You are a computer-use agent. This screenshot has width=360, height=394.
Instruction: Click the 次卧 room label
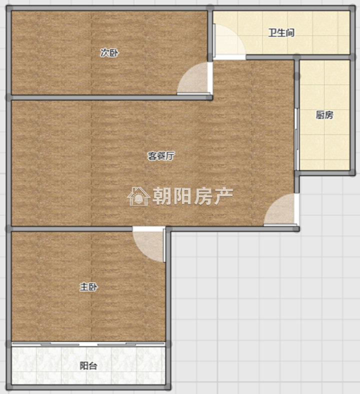pyautogui.click(x=109, y=53)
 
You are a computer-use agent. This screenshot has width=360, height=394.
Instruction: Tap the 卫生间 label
pyautogui.click(x=281, y=32)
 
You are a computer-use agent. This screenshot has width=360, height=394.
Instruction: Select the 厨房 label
pyautogui.click(x=324, y=115)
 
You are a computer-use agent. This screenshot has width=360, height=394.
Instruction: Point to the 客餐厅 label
pyautogui.click(x=161, y=156)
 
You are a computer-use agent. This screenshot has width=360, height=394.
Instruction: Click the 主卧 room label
pyautogui.click(x=88, y=287)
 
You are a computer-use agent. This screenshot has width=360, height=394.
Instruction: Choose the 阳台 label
pyautogui.click(x=88, y=366)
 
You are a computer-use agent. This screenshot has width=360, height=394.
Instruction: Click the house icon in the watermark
pyautogui.click(x=138, y=196)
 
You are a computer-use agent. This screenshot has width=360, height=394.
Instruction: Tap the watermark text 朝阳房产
pyautogui.click(x=193, y=196)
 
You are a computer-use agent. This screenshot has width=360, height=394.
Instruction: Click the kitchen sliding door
pyautogui.click(x=297, y=139)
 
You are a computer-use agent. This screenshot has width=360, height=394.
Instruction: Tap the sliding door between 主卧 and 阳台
pyautogui.click(x=88, y=344)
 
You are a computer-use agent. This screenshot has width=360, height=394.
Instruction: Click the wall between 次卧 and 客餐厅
pyautogui.click(x=110, y=97)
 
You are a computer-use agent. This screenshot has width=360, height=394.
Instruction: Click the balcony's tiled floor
pyautogui.click(x=88, y=366)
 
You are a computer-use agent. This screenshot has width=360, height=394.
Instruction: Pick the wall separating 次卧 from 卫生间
pyautogui.click(x=210, y=34)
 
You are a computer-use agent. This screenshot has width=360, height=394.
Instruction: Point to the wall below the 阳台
pyautogui.click(x=88, y=387)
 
